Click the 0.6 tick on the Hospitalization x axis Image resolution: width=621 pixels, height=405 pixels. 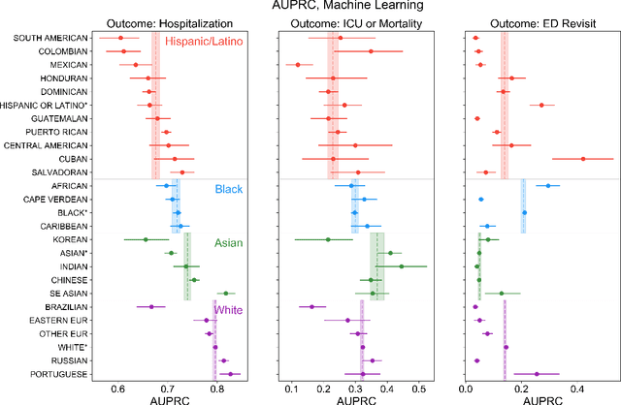pos(118,389)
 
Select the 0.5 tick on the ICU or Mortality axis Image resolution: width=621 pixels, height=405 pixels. pos(419,389)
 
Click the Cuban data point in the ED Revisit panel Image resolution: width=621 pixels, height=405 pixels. pos(582,158)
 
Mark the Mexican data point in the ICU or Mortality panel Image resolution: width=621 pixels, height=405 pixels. pos(297,65)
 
